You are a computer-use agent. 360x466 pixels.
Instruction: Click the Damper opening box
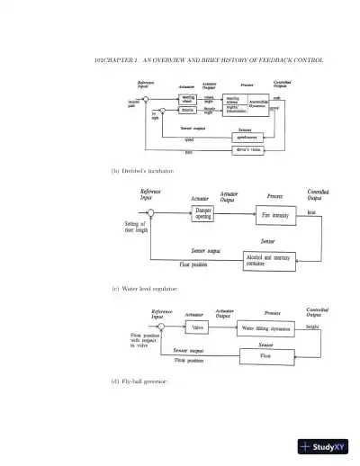(203, 214)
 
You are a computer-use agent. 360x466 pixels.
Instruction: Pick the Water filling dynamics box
(266, 329)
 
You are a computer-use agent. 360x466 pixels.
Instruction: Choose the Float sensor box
(265, 356)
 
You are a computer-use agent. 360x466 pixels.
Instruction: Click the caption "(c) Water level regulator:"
(144, 289)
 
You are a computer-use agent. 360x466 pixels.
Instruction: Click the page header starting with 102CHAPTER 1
(209, 59)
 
